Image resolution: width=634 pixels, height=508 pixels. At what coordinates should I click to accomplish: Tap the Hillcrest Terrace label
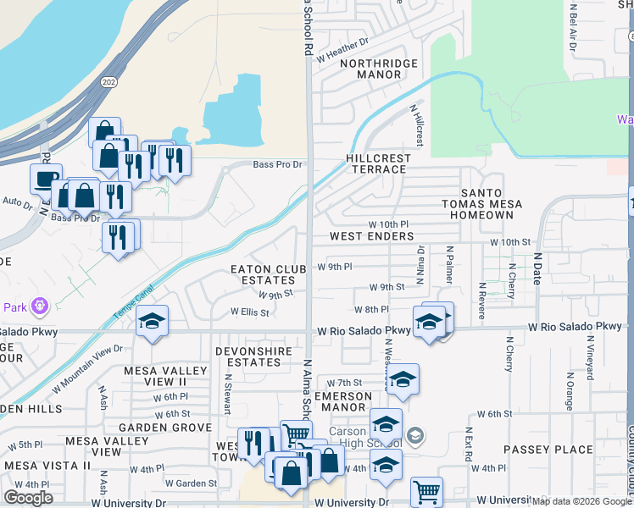coord(378,163)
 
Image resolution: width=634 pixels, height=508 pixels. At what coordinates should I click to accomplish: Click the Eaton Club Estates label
coord(269,274)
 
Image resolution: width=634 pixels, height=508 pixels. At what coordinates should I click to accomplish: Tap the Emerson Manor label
coord(343,401)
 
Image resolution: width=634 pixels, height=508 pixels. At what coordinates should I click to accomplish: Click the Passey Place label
coord(548,449)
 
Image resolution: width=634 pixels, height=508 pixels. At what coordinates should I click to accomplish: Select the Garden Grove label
coord(165,428)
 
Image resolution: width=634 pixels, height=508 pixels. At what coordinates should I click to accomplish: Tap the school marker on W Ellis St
coord(153,321)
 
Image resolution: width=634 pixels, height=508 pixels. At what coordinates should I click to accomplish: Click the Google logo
coord(28,498)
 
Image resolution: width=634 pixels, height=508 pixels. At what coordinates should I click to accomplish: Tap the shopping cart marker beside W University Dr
coord(426,490)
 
